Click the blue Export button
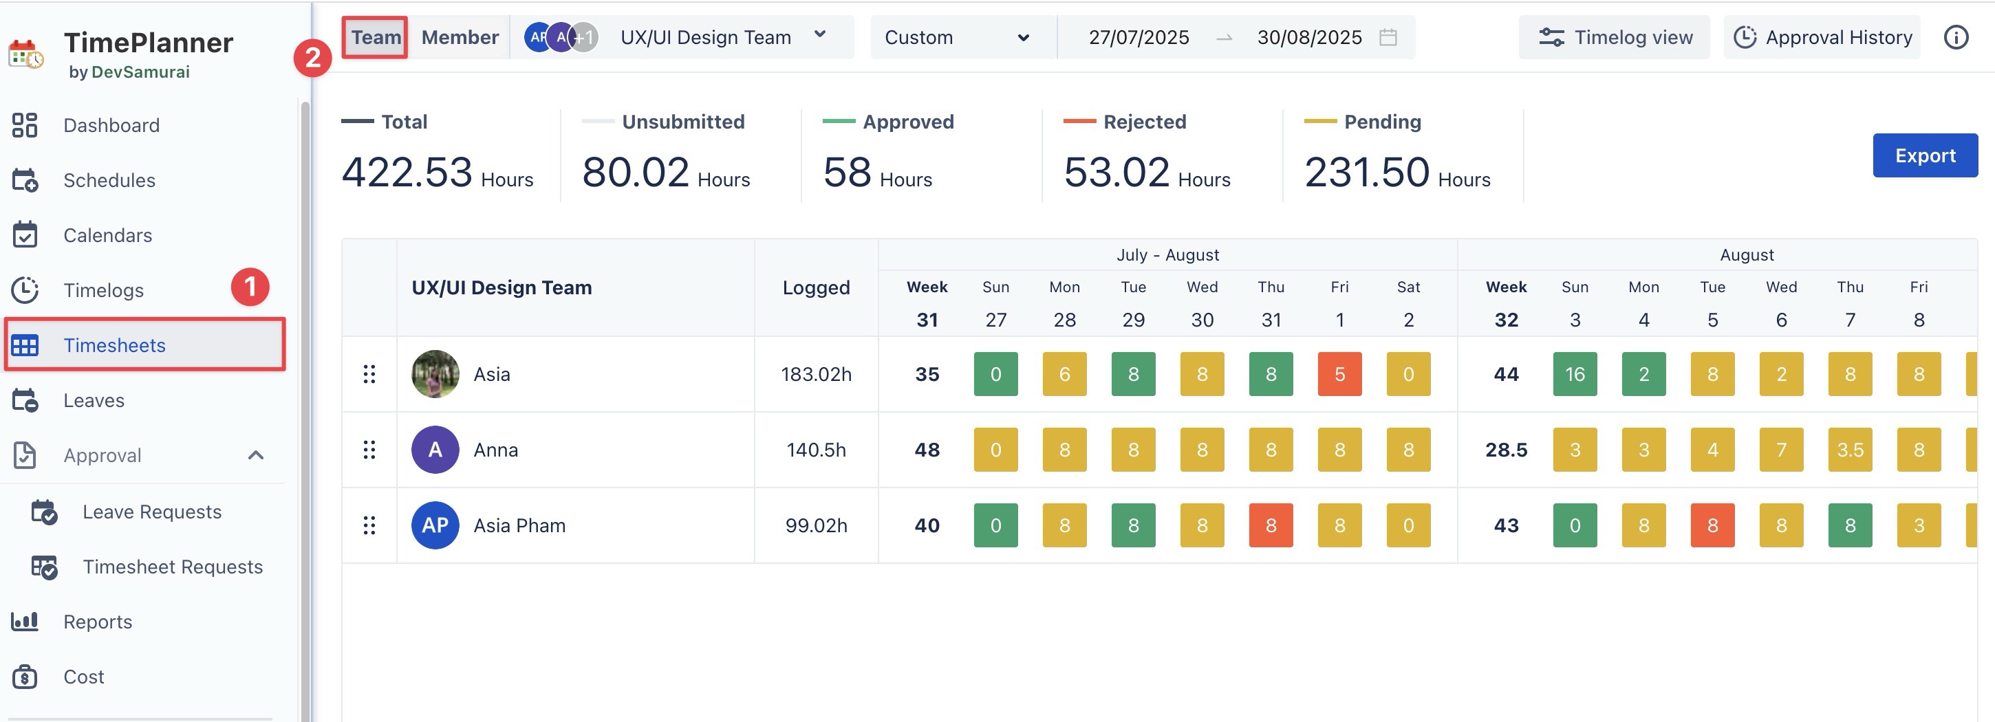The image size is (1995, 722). (x=1925, y=155)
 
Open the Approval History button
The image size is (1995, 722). (x=1822, y=37)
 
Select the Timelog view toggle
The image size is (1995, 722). (x=1615, y=37)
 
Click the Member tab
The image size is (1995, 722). (x=460, y=37)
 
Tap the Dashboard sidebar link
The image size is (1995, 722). (x=111, y=125)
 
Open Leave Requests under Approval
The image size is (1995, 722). (x=151, y=512)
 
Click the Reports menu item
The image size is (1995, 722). (x=97, y=622)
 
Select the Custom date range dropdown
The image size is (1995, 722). (x=956, y=37)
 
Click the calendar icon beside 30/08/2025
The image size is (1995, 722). (x=1388, y=37)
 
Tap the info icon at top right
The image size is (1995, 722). (x=1956, y=37)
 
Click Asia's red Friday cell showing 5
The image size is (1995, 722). (x=1339, y=375)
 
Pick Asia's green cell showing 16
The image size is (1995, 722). (x=1575, y=375)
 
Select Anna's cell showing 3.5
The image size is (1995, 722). (x=1849, y=450)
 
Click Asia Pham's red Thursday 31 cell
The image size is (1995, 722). (x=1270, y=525)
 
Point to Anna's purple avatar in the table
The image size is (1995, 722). (x=435, y=450)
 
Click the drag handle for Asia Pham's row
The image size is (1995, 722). (x=369, y=525)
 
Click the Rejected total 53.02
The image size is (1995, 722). (x=1116, y=172)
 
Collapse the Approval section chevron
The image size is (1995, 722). (x=256, y=455)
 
